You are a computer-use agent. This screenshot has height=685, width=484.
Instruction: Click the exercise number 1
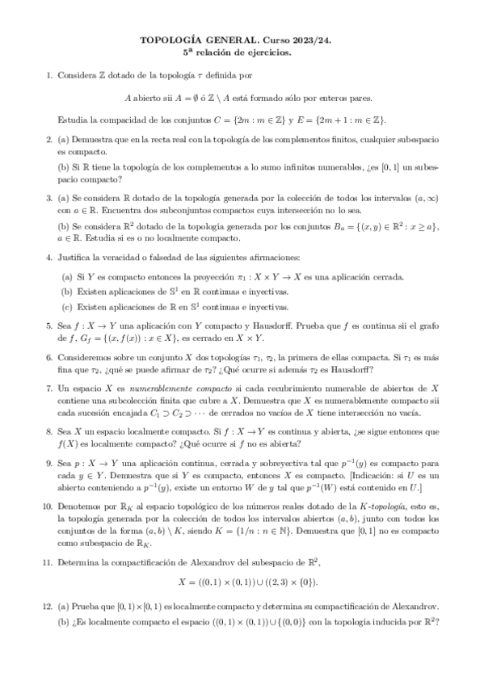(x=49, y=76)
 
